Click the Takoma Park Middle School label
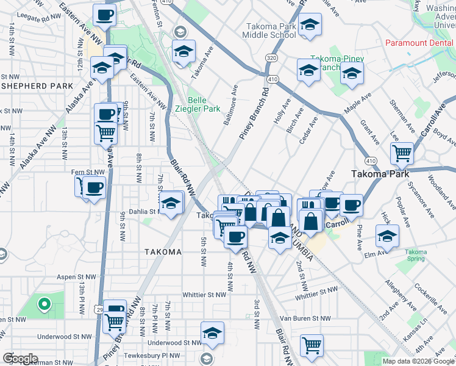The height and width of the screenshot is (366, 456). point(271,31)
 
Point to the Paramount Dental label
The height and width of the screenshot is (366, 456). point(420,44)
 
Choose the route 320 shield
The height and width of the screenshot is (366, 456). point(271,57)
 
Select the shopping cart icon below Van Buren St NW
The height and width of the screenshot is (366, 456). point(312,345)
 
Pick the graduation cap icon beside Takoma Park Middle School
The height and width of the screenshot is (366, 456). point(310,26)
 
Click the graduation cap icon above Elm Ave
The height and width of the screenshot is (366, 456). point(387,235)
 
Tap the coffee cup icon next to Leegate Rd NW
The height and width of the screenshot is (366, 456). point(104,15)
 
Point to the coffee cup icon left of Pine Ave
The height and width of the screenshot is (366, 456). point(351,204)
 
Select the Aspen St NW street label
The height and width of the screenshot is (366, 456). point(77,276)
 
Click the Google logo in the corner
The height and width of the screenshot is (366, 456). point(20,359)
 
